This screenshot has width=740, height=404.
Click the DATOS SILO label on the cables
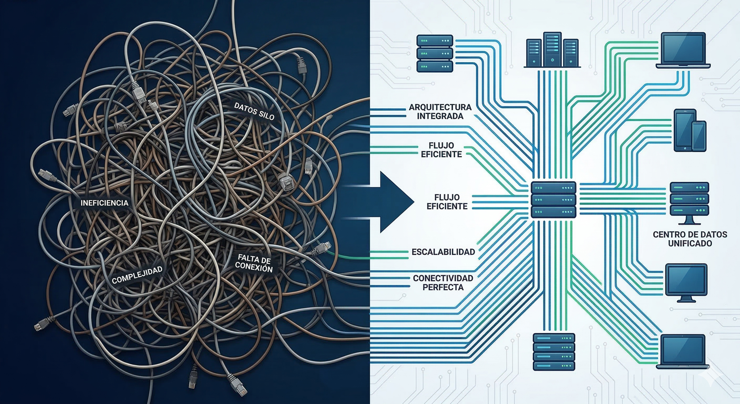(254, 111)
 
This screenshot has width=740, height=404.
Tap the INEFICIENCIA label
(104, 203)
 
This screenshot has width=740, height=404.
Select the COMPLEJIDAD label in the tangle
(137, 275)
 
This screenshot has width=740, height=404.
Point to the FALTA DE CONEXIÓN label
(254, 263)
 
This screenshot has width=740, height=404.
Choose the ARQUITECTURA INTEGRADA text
(440, 111)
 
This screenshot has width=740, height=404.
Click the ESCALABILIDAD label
(443, 252)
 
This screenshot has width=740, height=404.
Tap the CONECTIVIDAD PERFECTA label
(443, 283)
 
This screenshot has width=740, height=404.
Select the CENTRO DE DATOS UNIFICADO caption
(690, 239)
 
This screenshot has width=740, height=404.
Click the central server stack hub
(554, 200)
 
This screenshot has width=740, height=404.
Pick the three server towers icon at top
(552, 50)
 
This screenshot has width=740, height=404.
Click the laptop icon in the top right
(683, 50)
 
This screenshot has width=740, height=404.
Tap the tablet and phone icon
(689, 130)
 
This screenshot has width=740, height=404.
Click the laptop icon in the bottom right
(683, 351)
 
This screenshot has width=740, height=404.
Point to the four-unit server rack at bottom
(554, 351)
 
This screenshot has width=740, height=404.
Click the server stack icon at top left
(435, 53)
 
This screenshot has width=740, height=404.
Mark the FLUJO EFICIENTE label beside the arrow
(447, 202)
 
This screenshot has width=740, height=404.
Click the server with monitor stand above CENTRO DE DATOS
(689, 202)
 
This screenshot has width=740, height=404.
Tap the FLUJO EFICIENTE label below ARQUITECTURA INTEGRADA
(441, 150)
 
